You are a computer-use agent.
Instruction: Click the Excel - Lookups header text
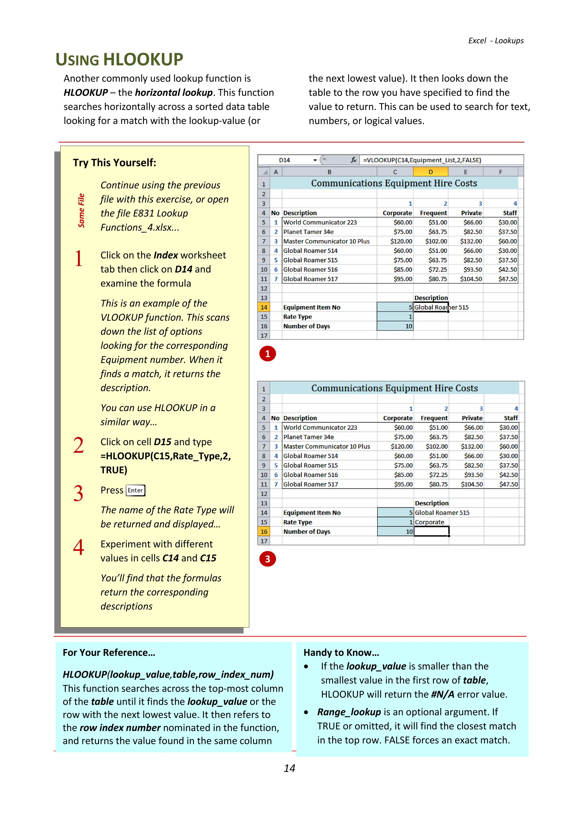(x=496, y=41)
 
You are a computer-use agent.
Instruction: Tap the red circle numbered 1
(x=267, y=354)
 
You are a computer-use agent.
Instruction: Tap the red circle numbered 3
(x=267, y=559)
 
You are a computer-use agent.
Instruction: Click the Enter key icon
(x=135, y=490)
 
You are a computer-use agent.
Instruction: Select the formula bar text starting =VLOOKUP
(x=422, y=160)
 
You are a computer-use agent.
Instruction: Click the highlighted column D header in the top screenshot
(x=430, y=172)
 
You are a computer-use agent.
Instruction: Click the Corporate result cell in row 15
(x=430, y=522)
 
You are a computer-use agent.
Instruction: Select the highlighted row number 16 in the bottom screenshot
(x=264, y=531)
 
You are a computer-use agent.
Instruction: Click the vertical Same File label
(x=81, y=210)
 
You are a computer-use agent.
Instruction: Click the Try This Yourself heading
(x=114, y=163)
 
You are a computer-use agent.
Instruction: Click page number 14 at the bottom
(x=289, y=768)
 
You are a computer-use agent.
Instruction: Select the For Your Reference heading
(x=109, y=652)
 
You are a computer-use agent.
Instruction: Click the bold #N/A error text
(x=442, y=694)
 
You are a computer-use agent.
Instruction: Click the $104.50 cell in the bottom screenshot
(x=471, y=484)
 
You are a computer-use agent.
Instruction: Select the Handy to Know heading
(x=341, y=652)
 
